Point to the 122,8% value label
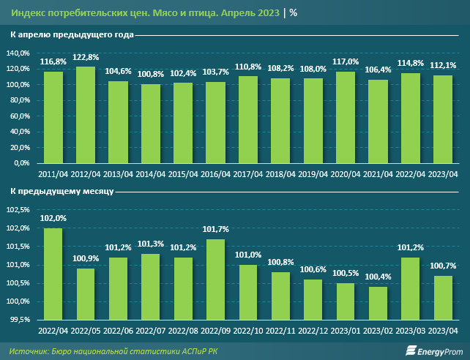click(x=86, y=57)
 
